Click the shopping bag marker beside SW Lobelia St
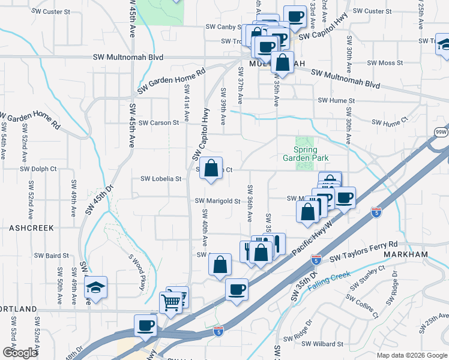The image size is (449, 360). pos(211,169)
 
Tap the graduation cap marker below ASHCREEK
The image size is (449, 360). pos(95,288)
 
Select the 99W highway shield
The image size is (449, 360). pos(441,132)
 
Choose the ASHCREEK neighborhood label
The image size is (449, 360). pos(32,228)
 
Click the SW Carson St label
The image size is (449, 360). pos(158,123)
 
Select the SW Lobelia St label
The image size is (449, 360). pos(161,179)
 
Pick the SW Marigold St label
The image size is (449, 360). pos(218,202)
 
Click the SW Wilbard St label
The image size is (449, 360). pos(322,344)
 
